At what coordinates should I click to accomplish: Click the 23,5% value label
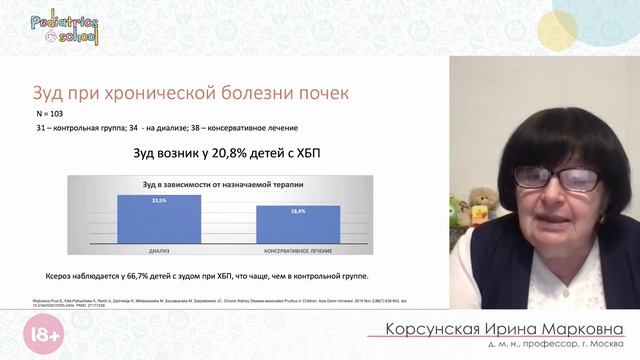tap(159, 200)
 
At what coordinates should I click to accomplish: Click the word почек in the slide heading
tap(319, 95)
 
